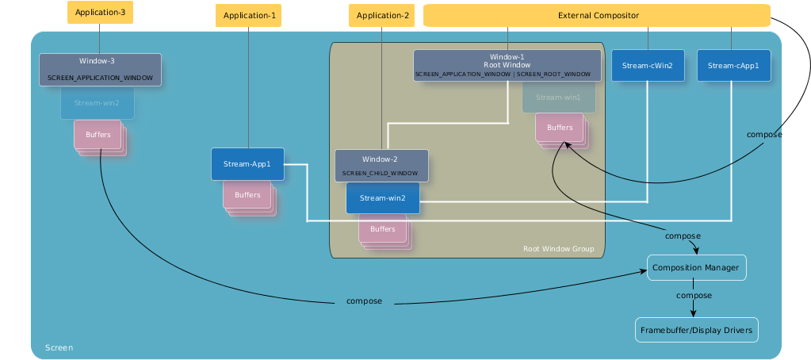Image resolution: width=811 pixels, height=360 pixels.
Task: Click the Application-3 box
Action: [100, 13]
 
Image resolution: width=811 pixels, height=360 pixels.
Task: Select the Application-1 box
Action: [248, 15]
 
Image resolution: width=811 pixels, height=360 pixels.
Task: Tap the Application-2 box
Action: [383, 15]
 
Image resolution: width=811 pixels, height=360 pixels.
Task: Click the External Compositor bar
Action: [598, 15]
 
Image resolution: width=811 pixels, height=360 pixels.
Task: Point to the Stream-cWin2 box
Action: [648, 65]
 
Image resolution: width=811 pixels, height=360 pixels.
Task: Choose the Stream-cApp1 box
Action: [734, 65]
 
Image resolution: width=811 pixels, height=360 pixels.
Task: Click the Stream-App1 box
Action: [247, 164]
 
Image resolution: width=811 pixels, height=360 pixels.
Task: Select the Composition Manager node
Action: [695, 268]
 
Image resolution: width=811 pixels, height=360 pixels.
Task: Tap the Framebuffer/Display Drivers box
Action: [697, 329]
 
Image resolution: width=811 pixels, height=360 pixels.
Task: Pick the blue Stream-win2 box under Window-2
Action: [382, 197]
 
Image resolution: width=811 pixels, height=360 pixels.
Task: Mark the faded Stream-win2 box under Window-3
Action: [97, 102]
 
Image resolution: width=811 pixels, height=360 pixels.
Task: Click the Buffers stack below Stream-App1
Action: [247, 195]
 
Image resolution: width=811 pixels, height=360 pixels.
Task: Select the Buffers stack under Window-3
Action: [98, 135]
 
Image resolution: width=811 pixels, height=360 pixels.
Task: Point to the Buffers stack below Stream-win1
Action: [560, 128]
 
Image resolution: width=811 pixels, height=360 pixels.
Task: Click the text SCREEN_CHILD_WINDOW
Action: [381, 173]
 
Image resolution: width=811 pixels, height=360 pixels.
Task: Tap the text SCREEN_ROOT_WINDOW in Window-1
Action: [554, 74]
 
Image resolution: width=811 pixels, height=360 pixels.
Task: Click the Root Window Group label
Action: [558, 249]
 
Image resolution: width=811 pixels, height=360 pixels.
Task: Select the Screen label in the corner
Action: [59, 347]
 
